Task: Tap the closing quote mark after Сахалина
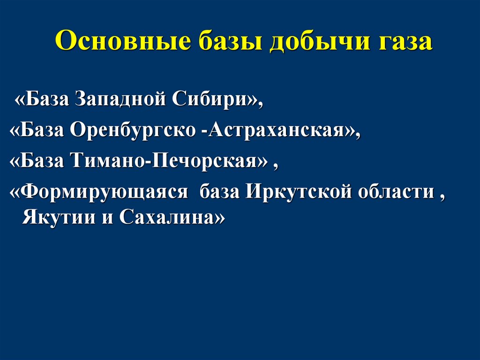click(218, 218)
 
